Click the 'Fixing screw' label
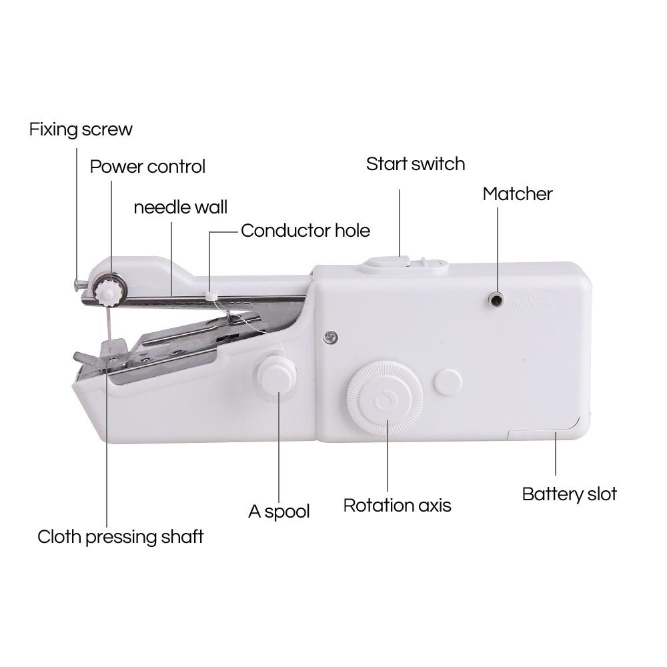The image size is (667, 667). coord(81,129)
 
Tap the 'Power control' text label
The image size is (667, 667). coord(147,166)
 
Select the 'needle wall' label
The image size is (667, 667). coord(180,207)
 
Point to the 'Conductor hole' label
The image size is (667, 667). coord(305,231)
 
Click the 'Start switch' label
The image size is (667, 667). coord(415,164)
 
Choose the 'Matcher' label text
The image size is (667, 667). coord(518,194)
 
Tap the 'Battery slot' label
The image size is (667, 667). coord(569,494)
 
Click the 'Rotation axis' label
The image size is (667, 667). coord(397,506)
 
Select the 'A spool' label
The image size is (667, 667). coord(279,512)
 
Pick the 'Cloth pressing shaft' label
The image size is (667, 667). coord(120,536)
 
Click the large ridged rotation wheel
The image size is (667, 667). coord(384,399)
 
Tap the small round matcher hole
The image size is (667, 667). coord(496,299)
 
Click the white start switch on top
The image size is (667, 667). coord(385,262)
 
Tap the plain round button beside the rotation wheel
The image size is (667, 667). coord(448,382)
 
